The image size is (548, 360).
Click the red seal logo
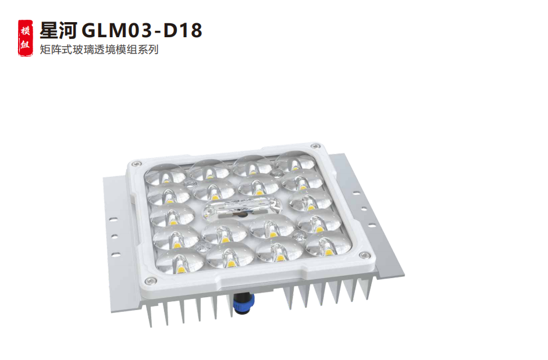tap(26, 38)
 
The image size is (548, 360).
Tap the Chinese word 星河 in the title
tap(58, 30)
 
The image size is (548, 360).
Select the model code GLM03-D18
tap(142, 30)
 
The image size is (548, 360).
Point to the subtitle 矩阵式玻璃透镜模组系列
tap(99, 49)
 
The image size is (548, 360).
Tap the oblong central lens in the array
tap(242, 208)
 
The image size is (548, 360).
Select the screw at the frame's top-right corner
tap(315, 146)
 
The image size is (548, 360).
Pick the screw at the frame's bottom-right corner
tap(364, 255)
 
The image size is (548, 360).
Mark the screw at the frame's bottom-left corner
tap(151, 281)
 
